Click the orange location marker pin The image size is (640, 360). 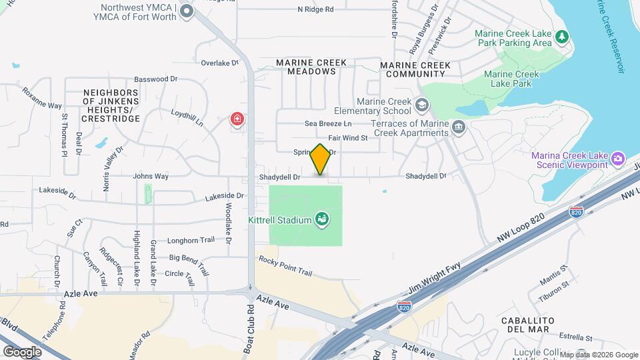tap(321, 160)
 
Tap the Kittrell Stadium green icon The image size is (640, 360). tap(322, 219)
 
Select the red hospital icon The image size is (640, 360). tap(237, 119)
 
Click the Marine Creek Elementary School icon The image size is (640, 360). tap(421, 105)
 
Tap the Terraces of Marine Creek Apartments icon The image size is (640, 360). tap(458, 127)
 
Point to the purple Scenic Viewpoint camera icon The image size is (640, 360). tap(618, 158)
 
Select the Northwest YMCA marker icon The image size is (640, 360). tap(187, 11)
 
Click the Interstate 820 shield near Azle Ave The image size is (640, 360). tap(403, 306)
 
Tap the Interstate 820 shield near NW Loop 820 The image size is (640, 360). tap(577, 213)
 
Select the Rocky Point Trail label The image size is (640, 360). tap(285, 266)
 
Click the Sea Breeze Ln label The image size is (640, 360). tap(328, 124)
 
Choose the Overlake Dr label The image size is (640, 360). tap(220, 63)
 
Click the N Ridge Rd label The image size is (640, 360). tap(316, 9)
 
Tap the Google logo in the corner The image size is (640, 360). tap(23, 351)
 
